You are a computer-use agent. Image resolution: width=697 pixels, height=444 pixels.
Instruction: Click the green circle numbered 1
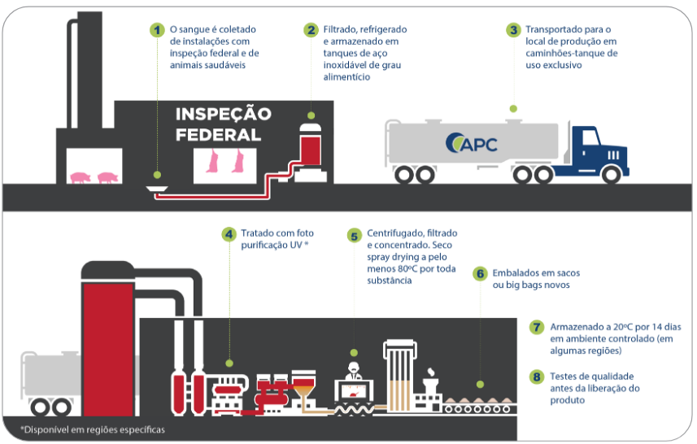(157, 30)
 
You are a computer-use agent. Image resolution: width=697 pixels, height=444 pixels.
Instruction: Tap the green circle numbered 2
(311, 30)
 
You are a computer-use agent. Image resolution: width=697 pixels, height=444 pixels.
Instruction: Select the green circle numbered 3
(513, 30)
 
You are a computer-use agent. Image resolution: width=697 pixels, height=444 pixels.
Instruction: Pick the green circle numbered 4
(230, 233)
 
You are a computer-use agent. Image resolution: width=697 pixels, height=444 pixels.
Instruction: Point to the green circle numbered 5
(354, 236)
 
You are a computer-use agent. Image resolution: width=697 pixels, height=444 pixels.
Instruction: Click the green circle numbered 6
(481, 274)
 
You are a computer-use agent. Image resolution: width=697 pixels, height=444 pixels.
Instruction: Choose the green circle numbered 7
(536, 328)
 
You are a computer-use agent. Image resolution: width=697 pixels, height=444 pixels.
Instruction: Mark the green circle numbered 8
(536, 377)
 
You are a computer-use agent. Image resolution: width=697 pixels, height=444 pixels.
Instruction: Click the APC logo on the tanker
(472, 144)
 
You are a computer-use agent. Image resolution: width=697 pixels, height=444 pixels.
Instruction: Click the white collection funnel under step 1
(159, 189)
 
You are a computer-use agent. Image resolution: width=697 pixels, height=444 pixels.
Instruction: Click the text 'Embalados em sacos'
(536, 272)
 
